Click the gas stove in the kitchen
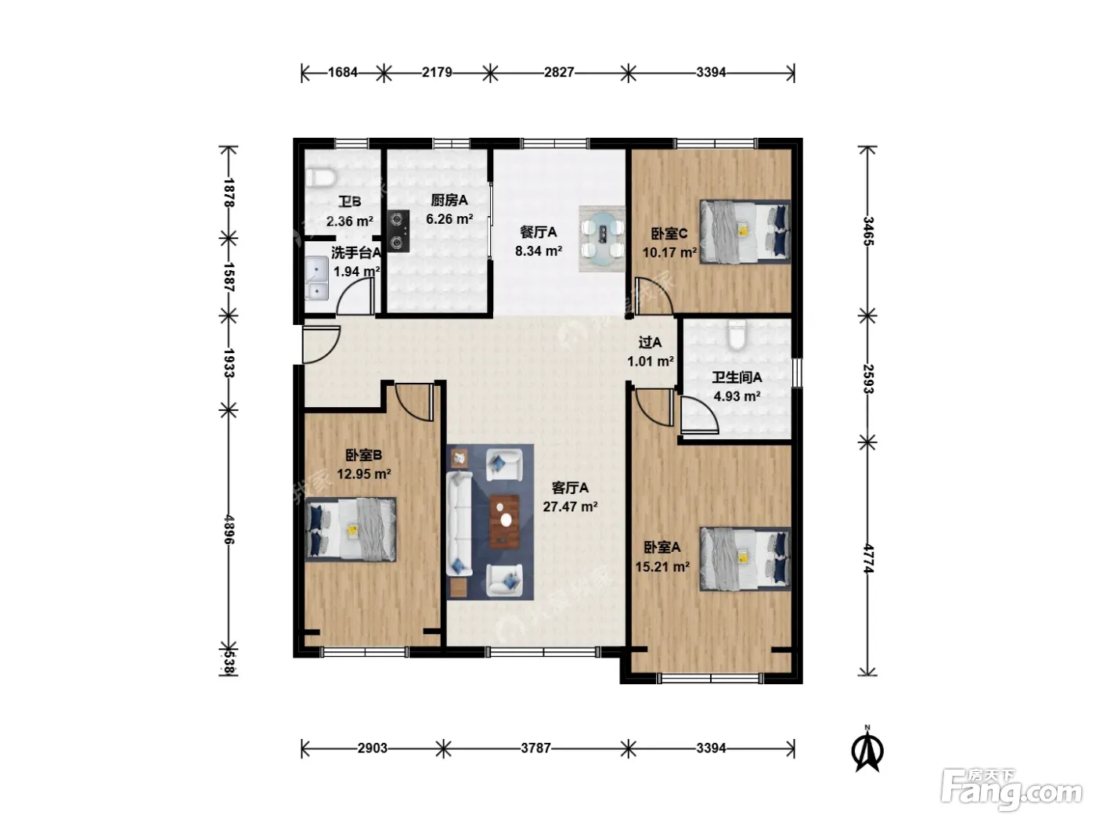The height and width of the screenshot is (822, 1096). [398, 231]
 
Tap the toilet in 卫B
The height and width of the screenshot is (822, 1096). [320, 178]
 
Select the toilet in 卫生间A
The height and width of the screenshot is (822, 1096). [737, 335]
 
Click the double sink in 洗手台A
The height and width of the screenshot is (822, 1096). [316, 278]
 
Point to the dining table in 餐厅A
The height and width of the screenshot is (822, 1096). [602, 239]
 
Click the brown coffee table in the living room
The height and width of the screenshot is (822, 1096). [504, 521]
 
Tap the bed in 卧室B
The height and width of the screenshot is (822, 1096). [351, 529]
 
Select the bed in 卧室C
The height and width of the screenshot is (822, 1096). [745, 232]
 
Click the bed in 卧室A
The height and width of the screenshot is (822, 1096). [745, 558]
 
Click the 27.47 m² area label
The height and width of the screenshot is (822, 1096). [570, 507]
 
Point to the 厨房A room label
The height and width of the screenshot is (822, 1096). [449, 200]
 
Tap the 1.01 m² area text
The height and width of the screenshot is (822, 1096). [650, 361]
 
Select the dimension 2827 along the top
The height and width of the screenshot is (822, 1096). [559, 72]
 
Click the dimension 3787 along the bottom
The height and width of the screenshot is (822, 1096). [535, 748]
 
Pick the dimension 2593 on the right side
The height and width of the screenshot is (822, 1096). [868, 379]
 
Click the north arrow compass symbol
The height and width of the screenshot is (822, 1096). [867, 749]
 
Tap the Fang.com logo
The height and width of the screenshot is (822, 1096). [1011, 789]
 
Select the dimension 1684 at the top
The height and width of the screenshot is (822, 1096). [343, 72]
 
